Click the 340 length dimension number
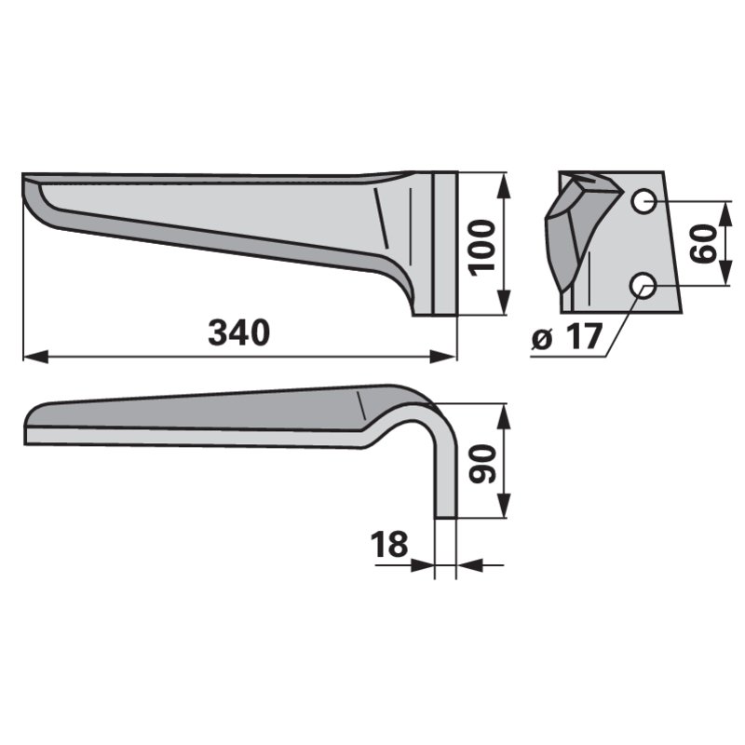pos(239,333)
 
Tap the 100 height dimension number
pos(481,247)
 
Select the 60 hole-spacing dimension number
pos(704,244)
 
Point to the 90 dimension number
pos(482,464)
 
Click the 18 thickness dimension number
pos(389,544)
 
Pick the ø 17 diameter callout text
pos(567,337)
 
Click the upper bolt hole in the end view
pos(643,201)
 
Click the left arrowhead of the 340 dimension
pos(35,357)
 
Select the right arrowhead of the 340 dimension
pos(443,357)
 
